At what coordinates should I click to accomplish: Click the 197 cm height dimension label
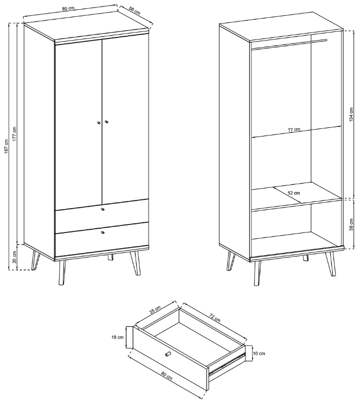6,146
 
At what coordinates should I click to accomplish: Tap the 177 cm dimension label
14,133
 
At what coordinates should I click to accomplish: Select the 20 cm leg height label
14,257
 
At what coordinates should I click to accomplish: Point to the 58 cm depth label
134,11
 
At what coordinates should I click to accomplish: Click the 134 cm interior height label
351,114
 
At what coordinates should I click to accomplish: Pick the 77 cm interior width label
294,130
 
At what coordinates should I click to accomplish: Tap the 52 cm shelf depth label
294,193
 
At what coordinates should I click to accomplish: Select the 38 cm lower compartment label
351,224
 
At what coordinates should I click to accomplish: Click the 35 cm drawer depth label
155,309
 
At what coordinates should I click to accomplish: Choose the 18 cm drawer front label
118,337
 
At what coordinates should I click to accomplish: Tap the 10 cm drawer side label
259,353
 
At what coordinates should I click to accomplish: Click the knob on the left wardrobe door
98,122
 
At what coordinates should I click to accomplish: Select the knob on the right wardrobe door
106,122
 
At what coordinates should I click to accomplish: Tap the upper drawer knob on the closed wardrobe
102,209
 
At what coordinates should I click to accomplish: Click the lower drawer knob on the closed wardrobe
102,232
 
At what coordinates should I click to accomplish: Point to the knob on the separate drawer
168,354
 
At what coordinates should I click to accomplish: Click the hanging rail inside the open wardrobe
289,44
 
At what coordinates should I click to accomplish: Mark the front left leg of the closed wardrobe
62,273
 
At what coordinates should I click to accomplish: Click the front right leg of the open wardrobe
332,264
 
